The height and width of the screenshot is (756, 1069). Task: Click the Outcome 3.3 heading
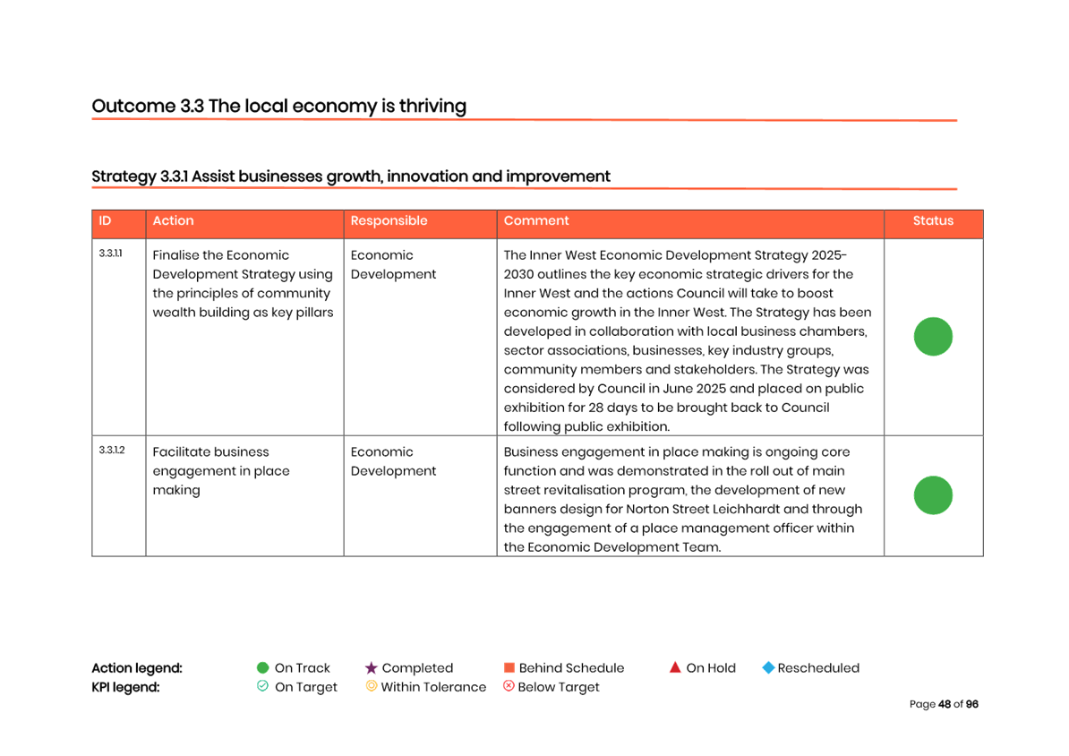(x=278, y=107)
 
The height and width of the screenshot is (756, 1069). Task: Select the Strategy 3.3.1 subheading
(x=350, y=176)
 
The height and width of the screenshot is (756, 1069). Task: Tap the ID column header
(x=105, y=221)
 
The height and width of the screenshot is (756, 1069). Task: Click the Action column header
(x=173, y=221)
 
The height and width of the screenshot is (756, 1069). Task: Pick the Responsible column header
(x=389, y=221)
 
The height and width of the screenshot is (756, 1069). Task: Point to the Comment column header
(x=536, y=221)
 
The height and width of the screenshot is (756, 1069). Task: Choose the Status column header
(x=933, y=221)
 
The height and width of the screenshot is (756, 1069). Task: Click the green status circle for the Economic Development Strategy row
(x=933, y=337)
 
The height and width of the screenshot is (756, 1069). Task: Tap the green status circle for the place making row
(x=933, y=495)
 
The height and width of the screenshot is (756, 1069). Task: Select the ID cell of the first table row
(x=110, y=254)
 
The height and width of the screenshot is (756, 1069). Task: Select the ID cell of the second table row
(x=110, y=451)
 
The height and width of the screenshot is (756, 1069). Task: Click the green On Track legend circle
(x=262, y=668)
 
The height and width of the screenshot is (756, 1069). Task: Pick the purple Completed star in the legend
(x=371, y=668)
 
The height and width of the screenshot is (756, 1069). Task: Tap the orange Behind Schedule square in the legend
(x=509, y=668)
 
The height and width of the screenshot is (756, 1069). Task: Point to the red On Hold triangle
(x=675, y=667)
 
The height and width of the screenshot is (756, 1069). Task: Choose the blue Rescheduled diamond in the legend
(x=767, y=668)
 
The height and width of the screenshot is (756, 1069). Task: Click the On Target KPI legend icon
(x=262, y=687)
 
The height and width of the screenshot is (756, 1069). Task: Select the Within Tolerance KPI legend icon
(x=371, y=687)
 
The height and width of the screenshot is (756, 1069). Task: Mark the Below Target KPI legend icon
(x=509, y=687)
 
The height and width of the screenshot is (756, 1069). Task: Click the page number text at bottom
(x=944, y=705)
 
